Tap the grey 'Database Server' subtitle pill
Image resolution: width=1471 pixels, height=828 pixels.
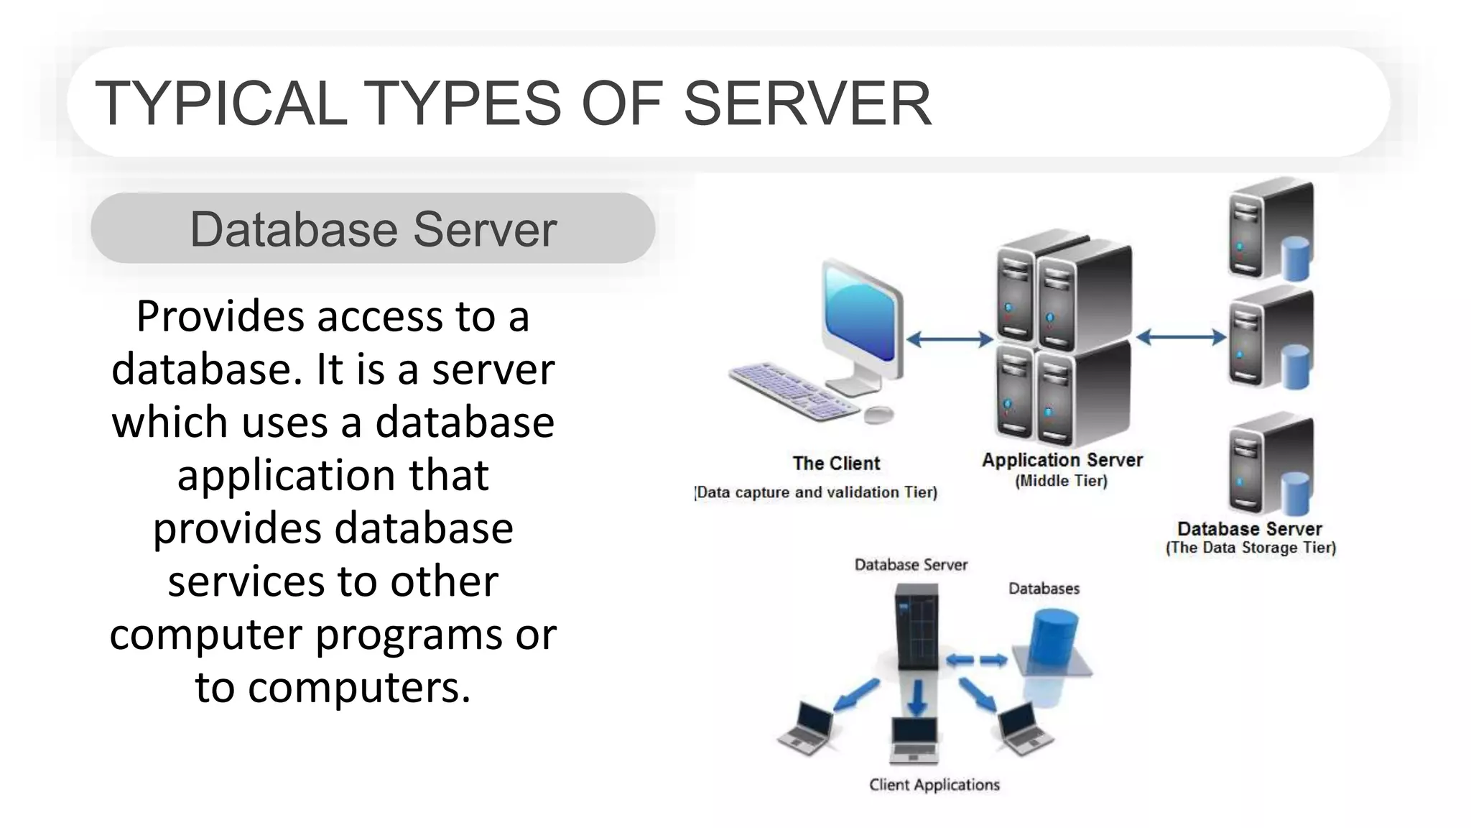point(373,229)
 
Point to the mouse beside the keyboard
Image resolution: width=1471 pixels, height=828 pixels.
point(878,414)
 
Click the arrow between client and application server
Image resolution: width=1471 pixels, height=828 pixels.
point(949,339)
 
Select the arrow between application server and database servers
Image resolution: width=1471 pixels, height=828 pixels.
point(1182,336)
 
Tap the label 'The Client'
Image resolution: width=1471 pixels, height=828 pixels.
point(836,464)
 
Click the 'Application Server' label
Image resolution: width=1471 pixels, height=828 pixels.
point(1062,460)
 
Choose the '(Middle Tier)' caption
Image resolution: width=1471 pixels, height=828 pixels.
point(1061,481)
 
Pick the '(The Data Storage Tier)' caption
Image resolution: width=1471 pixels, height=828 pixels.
point(1250,548)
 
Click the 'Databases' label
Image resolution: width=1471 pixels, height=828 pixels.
point(1044,589)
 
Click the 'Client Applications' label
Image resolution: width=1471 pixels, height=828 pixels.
point(934,785)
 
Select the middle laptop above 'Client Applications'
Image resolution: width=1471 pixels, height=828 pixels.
point(914,741)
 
